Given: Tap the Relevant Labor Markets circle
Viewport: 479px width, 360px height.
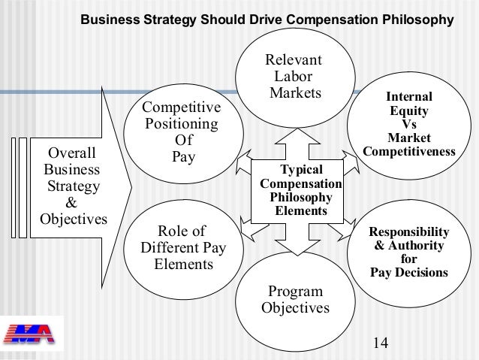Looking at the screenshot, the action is [x=294, y=75].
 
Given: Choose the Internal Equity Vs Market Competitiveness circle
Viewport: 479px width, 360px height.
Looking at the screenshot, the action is [x=409, y=125].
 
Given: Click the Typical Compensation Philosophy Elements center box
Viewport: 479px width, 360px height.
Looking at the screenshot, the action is [x=300, y=191].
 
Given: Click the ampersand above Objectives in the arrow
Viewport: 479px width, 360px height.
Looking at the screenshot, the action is [x=72, y=203].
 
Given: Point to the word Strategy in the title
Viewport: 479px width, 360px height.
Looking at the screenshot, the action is [x=174, y=18].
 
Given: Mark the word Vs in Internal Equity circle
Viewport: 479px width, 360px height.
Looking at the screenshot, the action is [x=409, y=125].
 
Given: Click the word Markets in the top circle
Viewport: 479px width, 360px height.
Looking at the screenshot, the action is [x=295, y=92].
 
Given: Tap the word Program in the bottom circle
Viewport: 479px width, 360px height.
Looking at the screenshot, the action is [x=295, y=292].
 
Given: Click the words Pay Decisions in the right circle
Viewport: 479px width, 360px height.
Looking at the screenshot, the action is [x=409, y=272].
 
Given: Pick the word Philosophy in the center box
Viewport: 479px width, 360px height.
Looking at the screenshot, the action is [x=300, y=198].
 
